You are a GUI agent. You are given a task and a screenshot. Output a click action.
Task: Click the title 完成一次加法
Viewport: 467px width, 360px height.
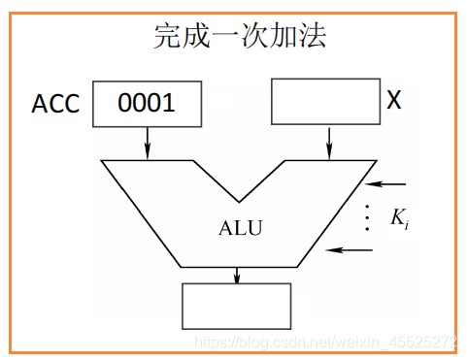239,37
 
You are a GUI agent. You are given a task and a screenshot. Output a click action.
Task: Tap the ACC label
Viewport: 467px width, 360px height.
55,104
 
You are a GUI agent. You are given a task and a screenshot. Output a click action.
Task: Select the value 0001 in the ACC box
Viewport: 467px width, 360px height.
147,103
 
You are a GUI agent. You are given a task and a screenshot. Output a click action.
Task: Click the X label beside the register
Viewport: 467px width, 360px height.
394,100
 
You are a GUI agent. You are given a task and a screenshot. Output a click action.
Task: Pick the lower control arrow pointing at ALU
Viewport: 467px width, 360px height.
350,249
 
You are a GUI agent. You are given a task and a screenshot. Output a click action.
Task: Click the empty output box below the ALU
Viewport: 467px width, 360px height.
237,306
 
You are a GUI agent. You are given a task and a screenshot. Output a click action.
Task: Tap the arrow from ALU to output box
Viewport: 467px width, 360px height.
237,275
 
